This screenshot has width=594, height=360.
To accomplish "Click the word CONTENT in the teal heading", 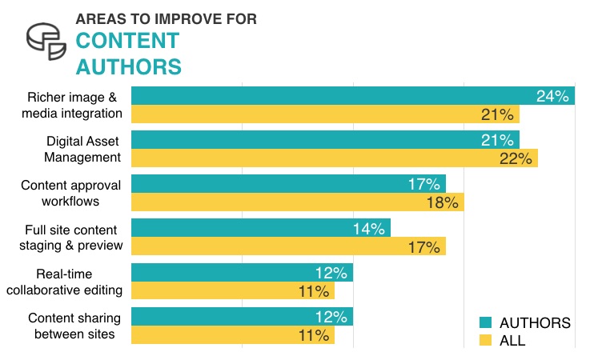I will pos(127,40).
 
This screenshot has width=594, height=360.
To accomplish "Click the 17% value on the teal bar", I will pos(423,184).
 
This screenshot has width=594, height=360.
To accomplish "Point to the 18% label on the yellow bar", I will pos(442,202).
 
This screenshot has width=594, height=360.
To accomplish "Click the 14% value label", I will pos(368,229).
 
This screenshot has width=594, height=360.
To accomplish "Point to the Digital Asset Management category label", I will pos(82,149).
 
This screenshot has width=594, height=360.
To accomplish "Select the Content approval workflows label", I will pos(70,193).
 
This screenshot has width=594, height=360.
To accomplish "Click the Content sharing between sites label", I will pos(74,326).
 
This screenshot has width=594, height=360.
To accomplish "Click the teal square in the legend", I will pos(485,323).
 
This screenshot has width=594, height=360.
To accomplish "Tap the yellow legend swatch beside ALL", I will pos(485,342).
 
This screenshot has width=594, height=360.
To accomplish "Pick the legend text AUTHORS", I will pos(534,323).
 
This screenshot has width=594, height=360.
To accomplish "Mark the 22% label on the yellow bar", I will pos(516,158).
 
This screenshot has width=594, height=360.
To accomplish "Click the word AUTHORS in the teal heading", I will pos(129,65).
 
